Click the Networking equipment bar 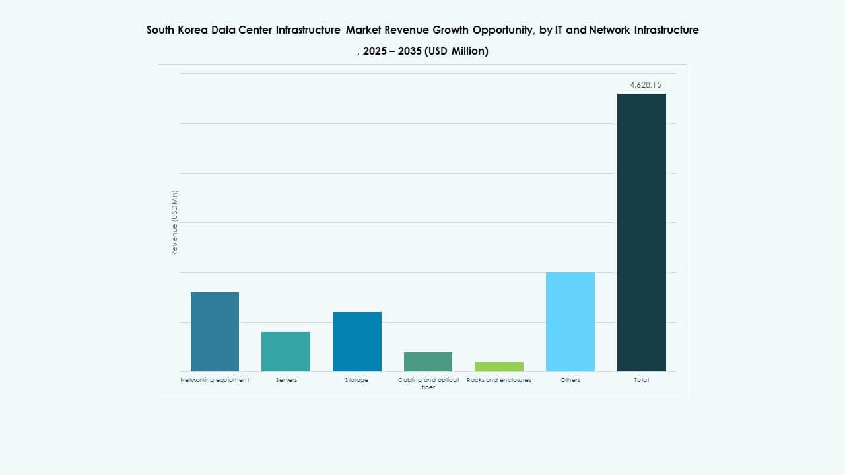tap(215, 332)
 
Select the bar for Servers tap(286, 352)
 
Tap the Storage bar tap(357, 342)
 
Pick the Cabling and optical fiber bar tap(428, 362)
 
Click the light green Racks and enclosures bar tap(499, 367)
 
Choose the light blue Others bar tap(570, 322)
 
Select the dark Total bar tap(642, 232)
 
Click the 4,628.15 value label tap(646, 85)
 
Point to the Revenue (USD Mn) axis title tap(175, 223)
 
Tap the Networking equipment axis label tap(215, 380)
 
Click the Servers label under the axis tap(286, 380)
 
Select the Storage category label tap(357, 380)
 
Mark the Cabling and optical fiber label tap(428, 383)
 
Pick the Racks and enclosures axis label tap(499, 380)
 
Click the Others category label tap(570, 380)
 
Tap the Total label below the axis tap(642, 380)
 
